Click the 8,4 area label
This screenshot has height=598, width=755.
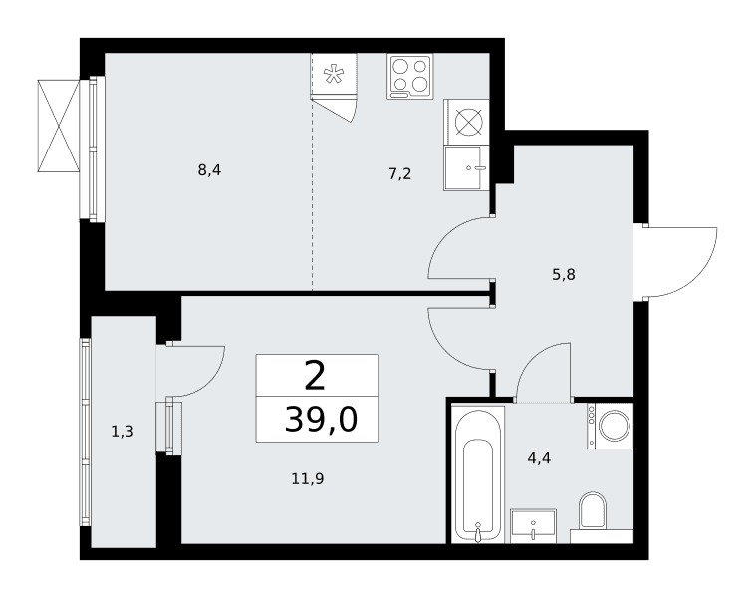pyautogui.click(x=209, y=170)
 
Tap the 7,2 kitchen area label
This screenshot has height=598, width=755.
pyautogui.click(x=400, y=173)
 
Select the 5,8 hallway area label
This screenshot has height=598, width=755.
pyautogui.click(x=564, y=275)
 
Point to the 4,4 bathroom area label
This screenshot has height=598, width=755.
pyautogui.click(x=539, y=458)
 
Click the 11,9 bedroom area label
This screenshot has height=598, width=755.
pyautogui.click(x=307, y=479)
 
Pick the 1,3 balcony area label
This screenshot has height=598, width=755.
pyautogui.click(x=123, y=432)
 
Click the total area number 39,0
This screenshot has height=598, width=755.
pyautogui.click(x=321, y=419)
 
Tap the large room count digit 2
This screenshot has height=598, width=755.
pyautogui.click(x=316, y=376)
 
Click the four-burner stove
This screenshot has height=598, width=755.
pyautogui.click(x=409, y=77)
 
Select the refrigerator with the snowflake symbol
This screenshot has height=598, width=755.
pyautogui.click(x=334, y=75)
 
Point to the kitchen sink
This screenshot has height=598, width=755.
pyautogui.click(x=465, y=168)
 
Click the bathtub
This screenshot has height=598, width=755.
pyautogui.click(x=478, y=474)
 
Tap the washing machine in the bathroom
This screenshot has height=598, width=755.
pyautogui.click(x=610, y=426)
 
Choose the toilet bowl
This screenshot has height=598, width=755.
pyautogui.click(x=593, y=510)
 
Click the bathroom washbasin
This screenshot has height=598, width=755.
pyautogui.click(x=533, y=525)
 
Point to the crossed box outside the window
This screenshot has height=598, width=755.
pyautogui.click(x=58, y=126)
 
